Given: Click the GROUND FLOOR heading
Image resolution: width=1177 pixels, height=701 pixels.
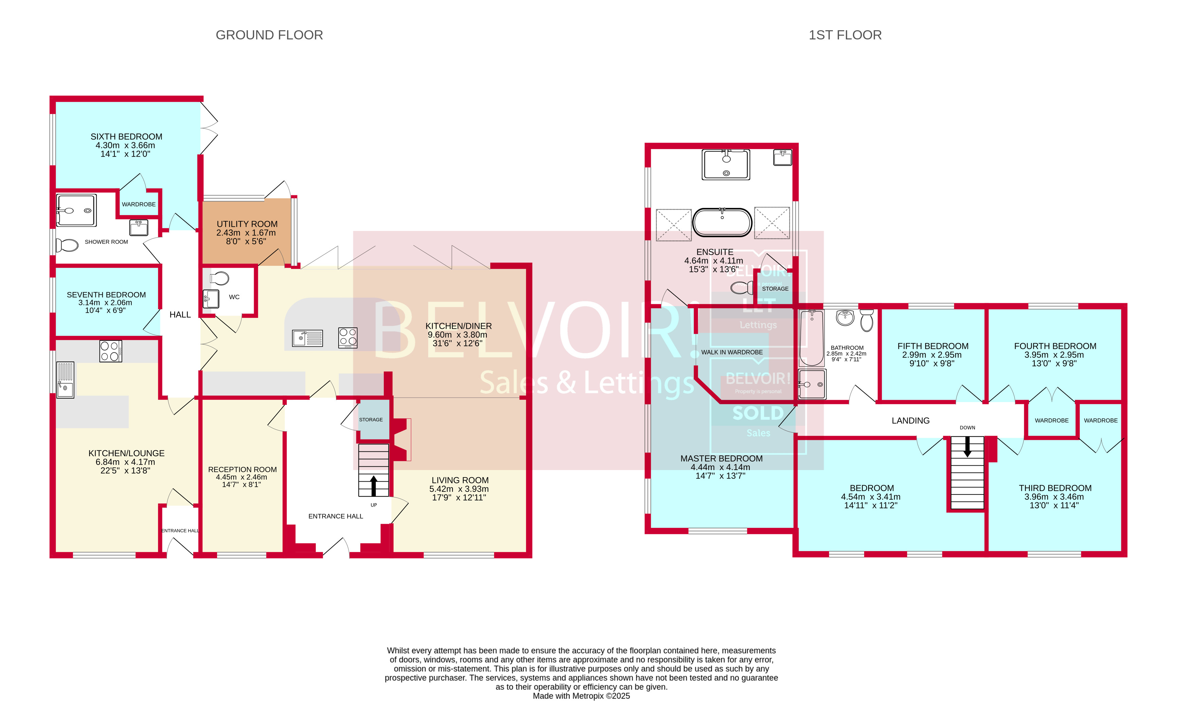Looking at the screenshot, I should tap(269, 35).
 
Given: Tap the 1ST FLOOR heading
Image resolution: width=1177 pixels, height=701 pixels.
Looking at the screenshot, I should tap(845, 35).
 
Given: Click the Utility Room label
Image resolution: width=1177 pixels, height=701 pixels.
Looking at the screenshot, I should tap(247, 224).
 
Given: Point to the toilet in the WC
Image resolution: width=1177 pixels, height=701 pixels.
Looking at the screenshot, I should tap(220, 278).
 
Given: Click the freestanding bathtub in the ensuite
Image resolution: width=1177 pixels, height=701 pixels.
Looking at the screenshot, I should tap(722, 222).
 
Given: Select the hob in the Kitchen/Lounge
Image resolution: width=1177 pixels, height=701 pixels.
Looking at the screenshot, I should tap(110, 351).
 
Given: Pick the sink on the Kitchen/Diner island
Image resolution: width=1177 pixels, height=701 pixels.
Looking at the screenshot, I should tap(307, 338).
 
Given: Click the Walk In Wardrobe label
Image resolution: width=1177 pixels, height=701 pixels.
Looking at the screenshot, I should tap(732, 352).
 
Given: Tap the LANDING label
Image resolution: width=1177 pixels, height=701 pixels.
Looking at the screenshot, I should tap(910, 420).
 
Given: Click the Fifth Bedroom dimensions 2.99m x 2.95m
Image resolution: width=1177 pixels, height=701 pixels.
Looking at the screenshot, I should tap(931, 355).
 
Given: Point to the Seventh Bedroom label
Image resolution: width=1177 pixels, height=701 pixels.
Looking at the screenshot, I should tap(106, 294).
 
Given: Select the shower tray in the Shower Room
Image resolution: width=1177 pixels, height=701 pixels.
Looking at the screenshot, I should tap(76, 210).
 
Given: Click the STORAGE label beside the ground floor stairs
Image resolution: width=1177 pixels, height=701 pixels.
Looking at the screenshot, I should tap(371, 419).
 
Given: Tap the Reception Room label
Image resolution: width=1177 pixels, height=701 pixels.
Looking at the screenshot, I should tap(242, 469).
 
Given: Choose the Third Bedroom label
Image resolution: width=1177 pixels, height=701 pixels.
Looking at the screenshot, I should tap(1055, 488).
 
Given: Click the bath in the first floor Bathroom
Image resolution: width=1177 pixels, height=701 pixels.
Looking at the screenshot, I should tap(812, 338).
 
